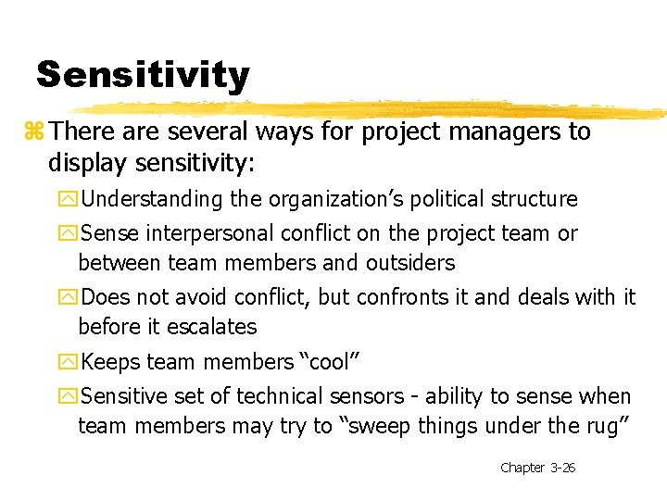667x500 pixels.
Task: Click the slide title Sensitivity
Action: (x=143, y=74)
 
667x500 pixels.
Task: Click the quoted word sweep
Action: (x=372, y=426)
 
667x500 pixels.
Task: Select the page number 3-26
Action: (x=562, y=468)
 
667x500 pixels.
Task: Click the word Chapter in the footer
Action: (x=522, y=468)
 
